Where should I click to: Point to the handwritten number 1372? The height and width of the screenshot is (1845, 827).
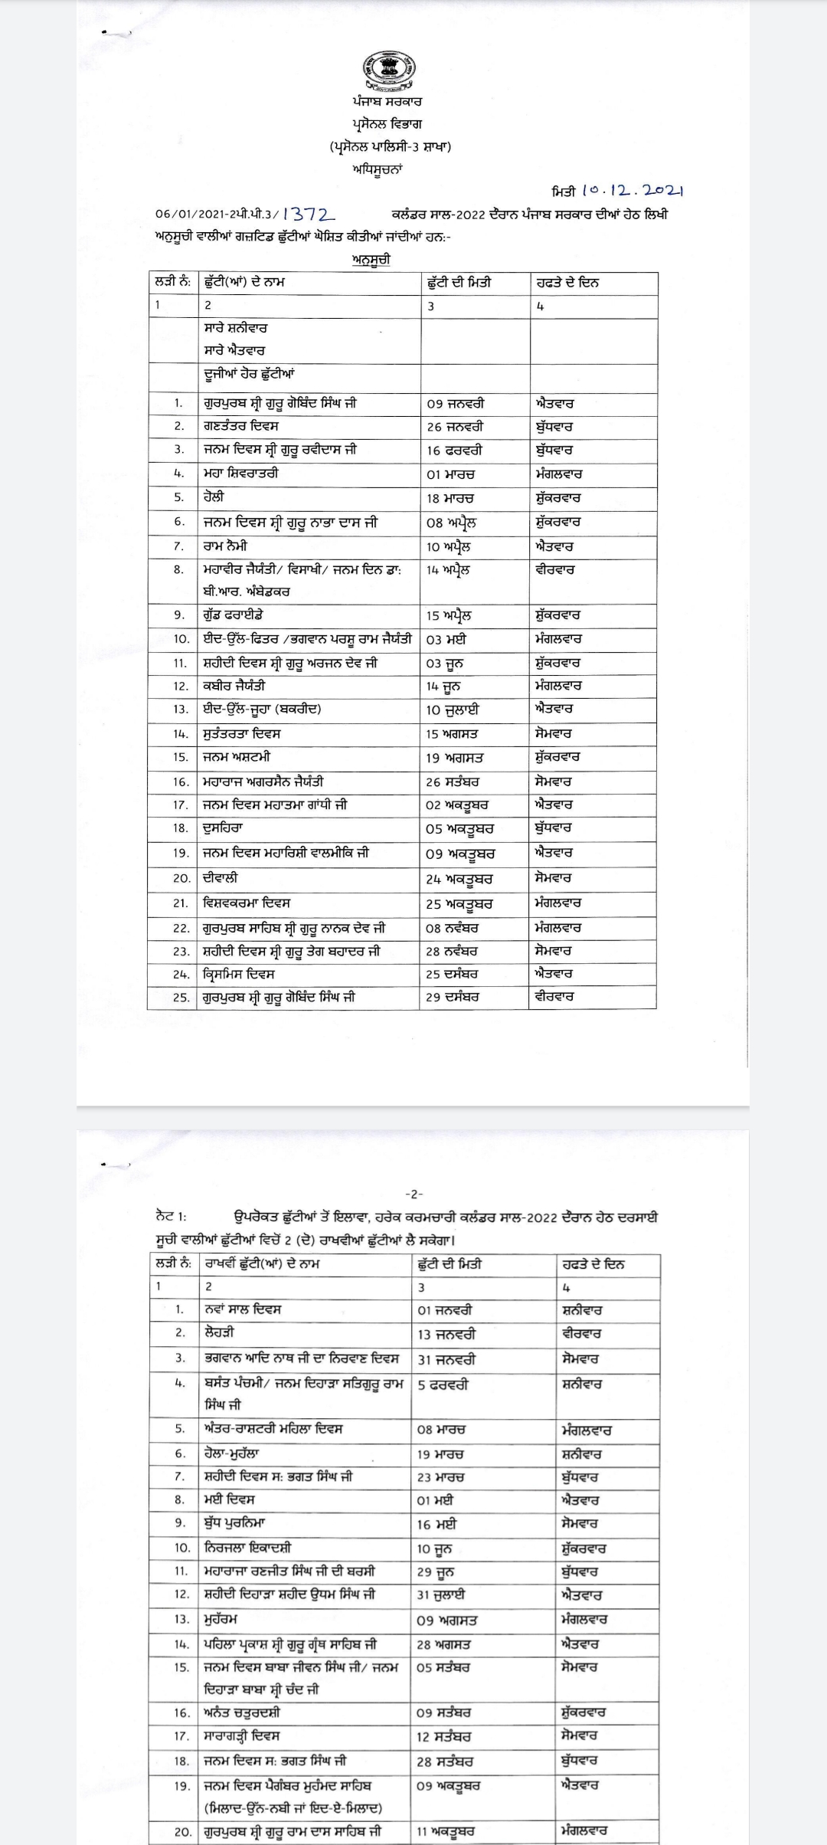(309, 216)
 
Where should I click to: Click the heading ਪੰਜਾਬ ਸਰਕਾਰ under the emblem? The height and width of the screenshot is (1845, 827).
(387, 101)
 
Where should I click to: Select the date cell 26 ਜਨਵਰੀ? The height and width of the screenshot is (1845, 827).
(456, 428)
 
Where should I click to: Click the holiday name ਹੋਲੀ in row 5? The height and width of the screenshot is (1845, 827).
(214, 497)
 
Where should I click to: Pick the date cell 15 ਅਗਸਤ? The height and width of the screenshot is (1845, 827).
(452, 734)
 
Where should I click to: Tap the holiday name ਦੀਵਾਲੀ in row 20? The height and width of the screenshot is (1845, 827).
(221, 878)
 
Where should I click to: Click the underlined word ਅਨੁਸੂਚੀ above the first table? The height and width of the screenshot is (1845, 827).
(372, 260)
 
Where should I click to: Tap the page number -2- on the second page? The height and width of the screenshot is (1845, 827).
(413, 1194)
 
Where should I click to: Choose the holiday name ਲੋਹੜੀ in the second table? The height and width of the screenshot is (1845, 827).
(219, 1333)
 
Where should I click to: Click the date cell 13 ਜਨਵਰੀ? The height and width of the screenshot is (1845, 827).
(446, 1334)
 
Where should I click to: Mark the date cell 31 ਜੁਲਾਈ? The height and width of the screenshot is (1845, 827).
(441, 1595)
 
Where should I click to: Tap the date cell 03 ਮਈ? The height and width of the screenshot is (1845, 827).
(446, 639)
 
